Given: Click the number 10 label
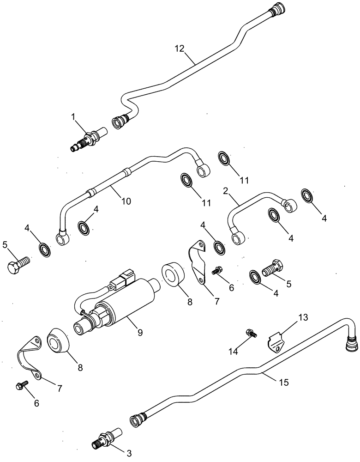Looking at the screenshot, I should click(x=126, y=201).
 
